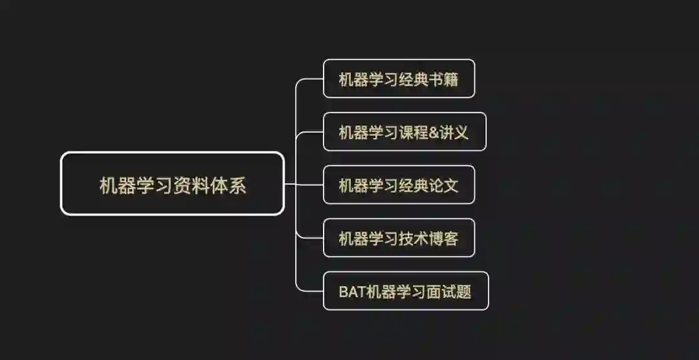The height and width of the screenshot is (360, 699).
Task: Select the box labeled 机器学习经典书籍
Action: click(399, 78)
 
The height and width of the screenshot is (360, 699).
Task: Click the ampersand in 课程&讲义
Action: click(432, 132)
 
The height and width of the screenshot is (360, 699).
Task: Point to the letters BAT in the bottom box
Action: click(352, 291)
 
